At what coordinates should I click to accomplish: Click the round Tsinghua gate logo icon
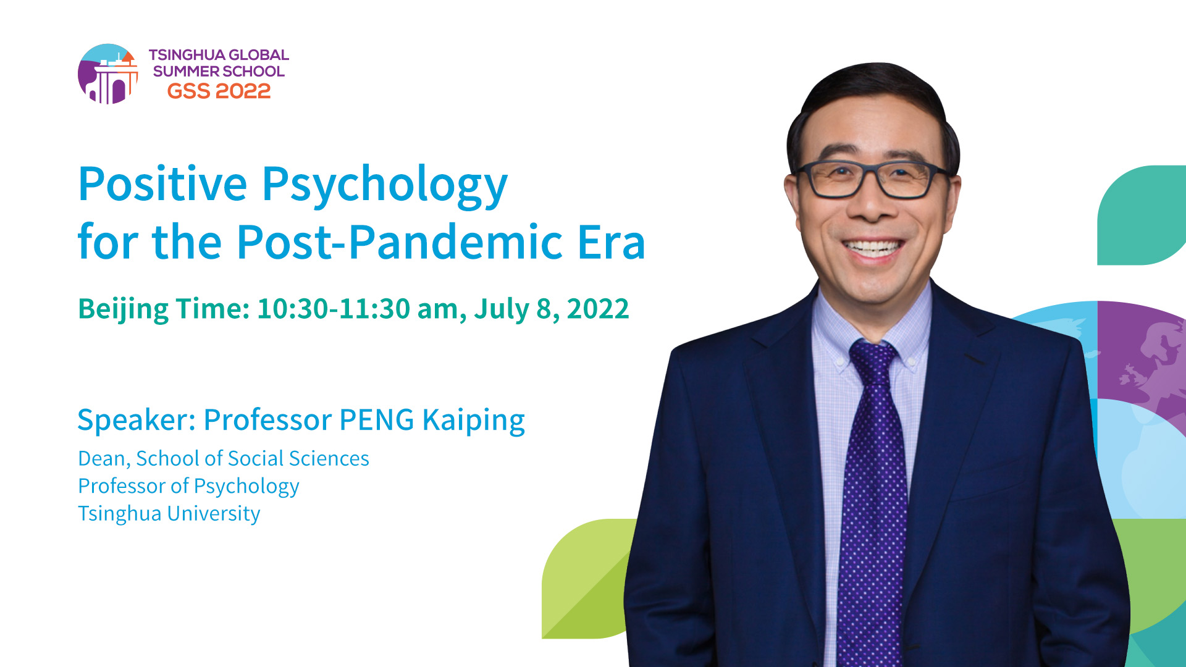108,74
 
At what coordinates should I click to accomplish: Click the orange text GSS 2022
219,91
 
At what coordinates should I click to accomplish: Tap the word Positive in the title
163,184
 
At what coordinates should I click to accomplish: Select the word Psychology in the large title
385,187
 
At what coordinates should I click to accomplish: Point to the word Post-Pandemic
400,241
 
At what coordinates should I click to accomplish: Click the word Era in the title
612,242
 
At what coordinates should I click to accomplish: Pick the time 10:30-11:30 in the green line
334,308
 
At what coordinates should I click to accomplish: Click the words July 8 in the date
516,309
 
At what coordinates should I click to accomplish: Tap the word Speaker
136,421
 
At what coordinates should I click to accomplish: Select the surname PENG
377,420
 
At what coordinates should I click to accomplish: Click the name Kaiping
474,421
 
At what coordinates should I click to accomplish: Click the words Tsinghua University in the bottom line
169,514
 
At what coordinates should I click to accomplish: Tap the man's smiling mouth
873,248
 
